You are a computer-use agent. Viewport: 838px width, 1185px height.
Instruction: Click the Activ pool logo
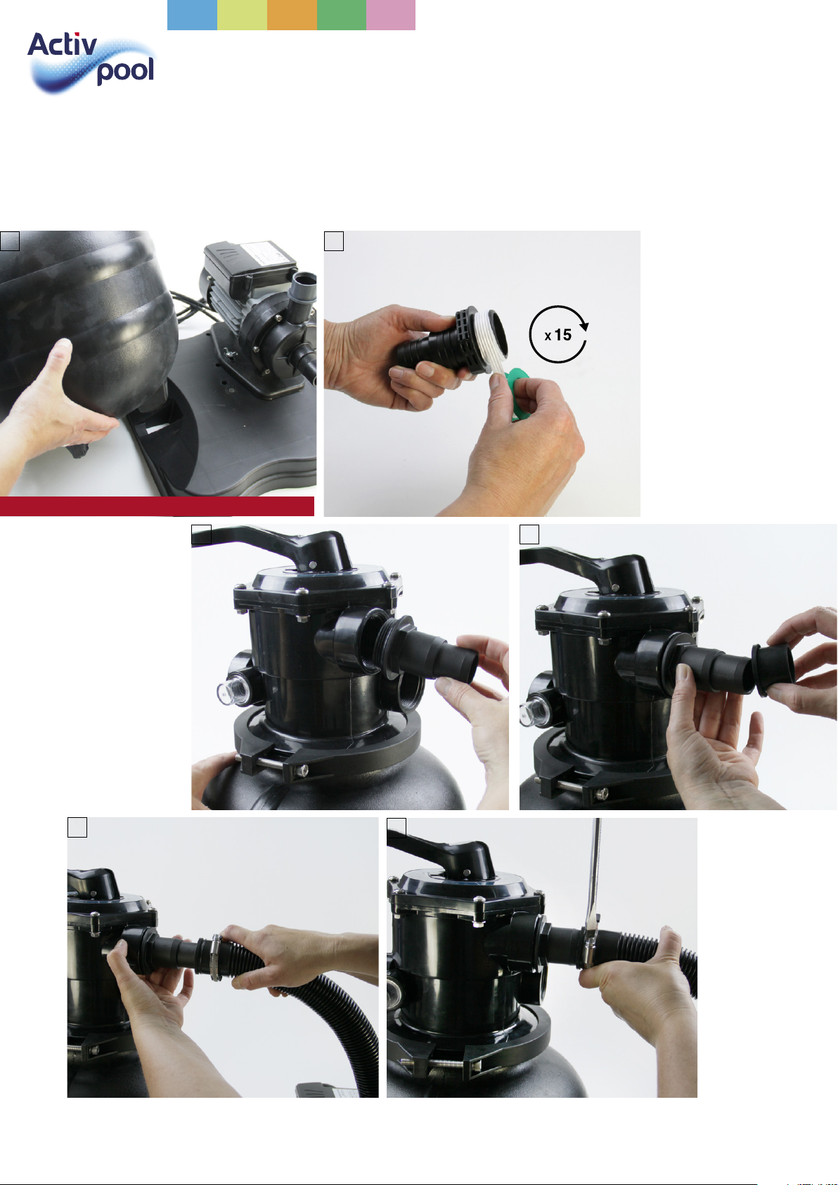[91, 62]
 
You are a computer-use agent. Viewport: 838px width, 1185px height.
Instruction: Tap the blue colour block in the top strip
[192, 15]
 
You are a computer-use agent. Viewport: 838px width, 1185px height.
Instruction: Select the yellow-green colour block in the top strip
[242, 15]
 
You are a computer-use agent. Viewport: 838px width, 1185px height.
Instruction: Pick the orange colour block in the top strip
[291, 15]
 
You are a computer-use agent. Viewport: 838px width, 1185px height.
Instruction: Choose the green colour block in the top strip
[341, 15]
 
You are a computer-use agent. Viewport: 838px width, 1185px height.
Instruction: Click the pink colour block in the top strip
[391, 15]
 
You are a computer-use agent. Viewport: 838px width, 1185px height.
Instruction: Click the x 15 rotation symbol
[559, 334]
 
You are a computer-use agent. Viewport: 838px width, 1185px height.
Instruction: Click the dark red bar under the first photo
[157, 506]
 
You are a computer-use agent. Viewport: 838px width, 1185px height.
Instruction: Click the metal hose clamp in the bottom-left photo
[216, 957]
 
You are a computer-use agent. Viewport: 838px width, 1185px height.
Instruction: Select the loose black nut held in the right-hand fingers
[773, 670]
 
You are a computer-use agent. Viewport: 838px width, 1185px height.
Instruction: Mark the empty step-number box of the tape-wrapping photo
[334, 241]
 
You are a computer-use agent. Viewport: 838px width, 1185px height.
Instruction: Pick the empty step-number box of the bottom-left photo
[77, 827]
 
